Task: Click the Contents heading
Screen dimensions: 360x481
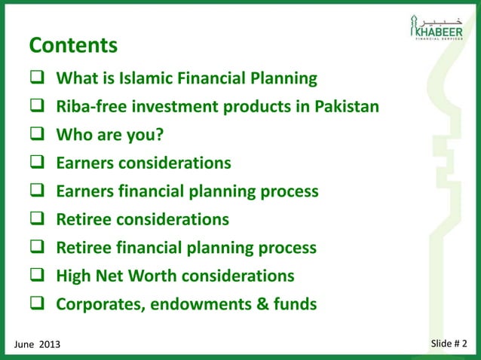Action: (73, 46)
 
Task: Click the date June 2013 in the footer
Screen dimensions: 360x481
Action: (37, 344)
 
